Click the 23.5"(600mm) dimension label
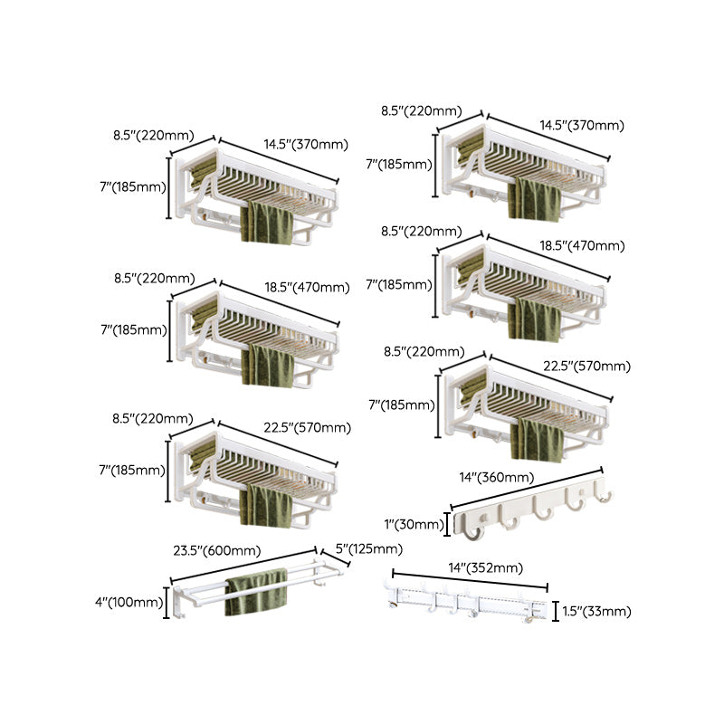[x=216, y=550]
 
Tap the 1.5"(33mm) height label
[x=596, y=612]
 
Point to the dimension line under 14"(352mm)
[x=471, y=581]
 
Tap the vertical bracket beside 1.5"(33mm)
[x=556, y=612]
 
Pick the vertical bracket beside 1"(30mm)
[x=449, y=525]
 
